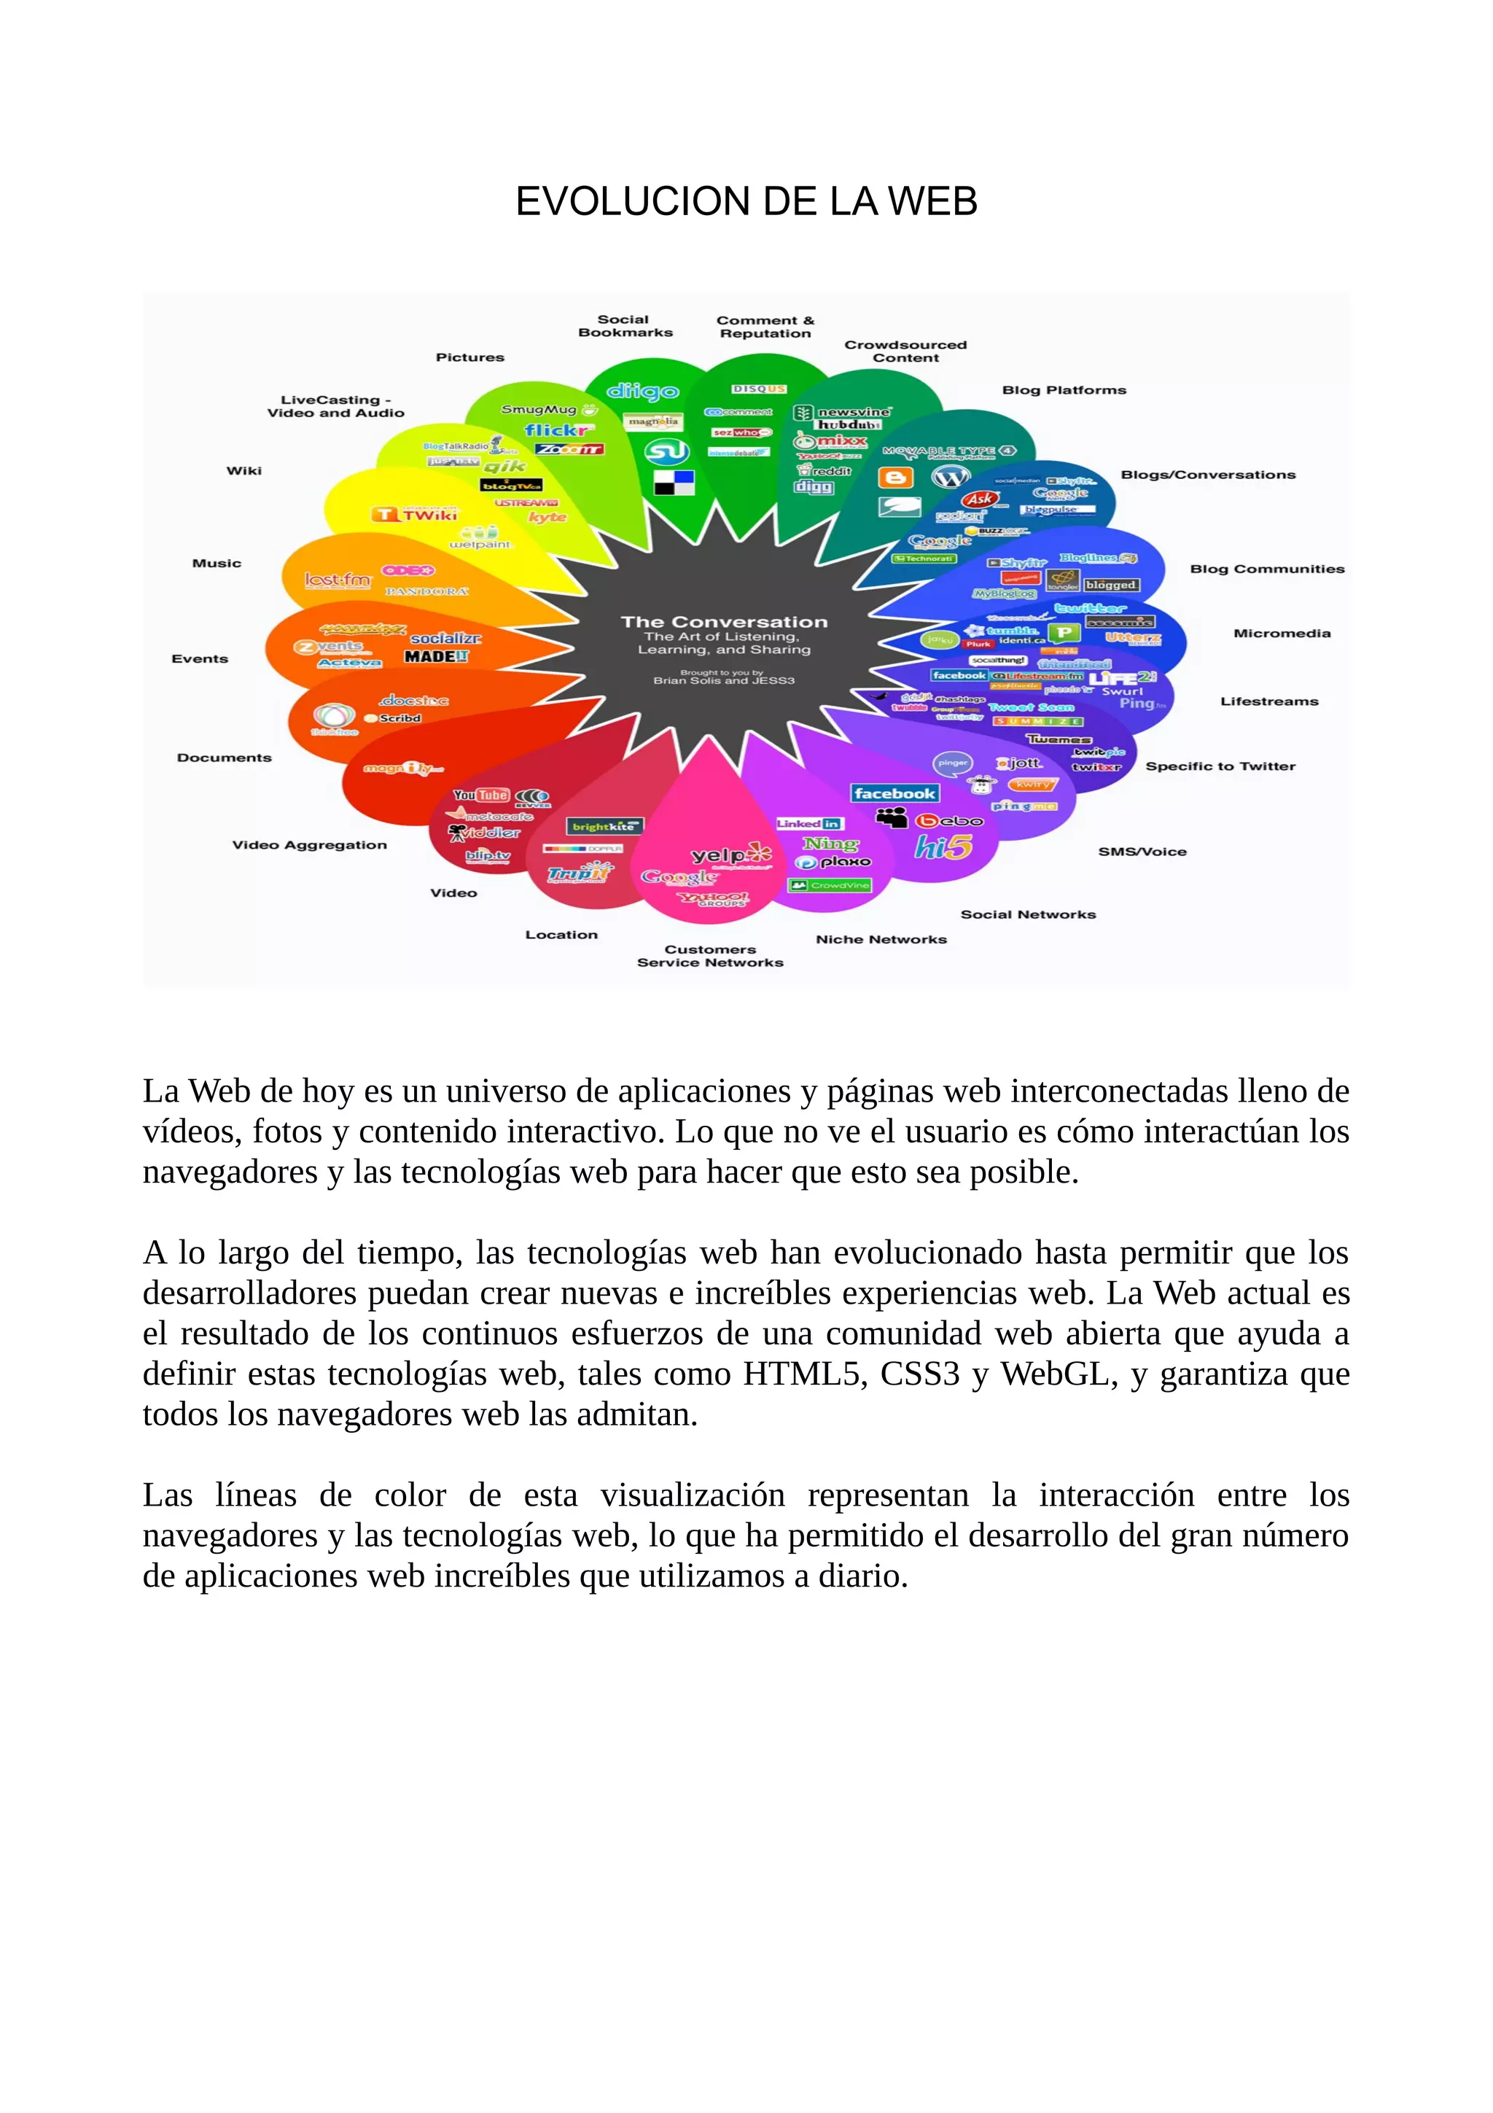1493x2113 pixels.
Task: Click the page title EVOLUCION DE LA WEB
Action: click(746, 201)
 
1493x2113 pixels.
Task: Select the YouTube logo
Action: click(481, 795)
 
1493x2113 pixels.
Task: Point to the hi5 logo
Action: click(943, 846)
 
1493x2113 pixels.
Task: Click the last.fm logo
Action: click(338, 580)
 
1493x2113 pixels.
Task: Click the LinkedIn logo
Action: click(808, 824)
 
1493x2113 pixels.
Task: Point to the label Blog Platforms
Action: click(1064, 390)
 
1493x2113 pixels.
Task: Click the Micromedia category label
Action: click(1282, 633)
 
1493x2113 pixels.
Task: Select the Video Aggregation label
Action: click(309, 845)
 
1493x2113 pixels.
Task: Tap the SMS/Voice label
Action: click(1142, 852)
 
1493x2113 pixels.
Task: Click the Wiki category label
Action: click(243, 470)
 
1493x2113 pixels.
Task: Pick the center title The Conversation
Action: click(724, 622)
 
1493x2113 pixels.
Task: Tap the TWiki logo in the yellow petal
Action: click(416, 515)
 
